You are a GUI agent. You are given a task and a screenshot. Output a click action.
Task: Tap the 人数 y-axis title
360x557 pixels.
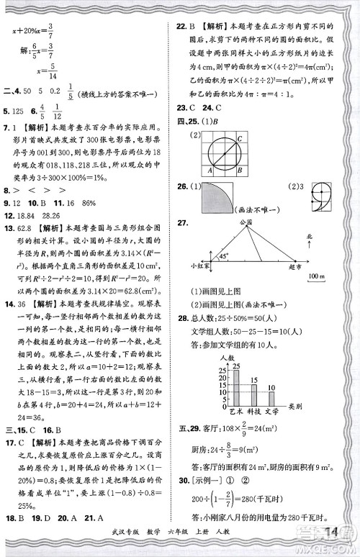tap(228, 358)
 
